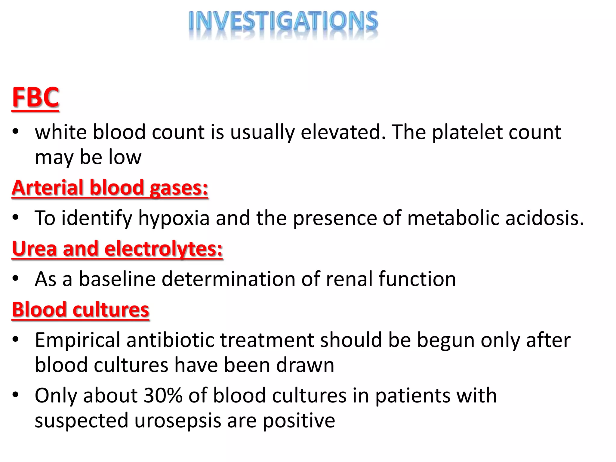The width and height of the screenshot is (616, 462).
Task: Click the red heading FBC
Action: click(35, 97)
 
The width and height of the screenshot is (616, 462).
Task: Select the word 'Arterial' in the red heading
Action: click(48, 188)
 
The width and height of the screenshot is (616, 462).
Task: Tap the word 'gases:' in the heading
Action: click(179, 188)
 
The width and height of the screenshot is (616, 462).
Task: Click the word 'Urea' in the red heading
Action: click(34, 249)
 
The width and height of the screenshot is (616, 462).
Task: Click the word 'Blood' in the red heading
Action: click(39, 310)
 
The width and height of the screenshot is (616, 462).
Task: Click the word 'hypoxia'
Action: click(174, 218)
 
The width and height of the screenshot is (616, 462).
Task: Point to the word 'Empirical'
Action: click(78, 340)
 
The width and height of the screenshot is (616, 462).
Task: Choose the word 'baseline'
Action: click(117, 279)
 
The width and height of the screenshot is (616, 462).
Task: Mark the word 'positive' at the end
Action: click(299, 421)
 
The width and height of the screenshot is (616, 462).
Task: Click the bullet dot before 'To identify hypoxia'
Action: click(16, 217)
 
